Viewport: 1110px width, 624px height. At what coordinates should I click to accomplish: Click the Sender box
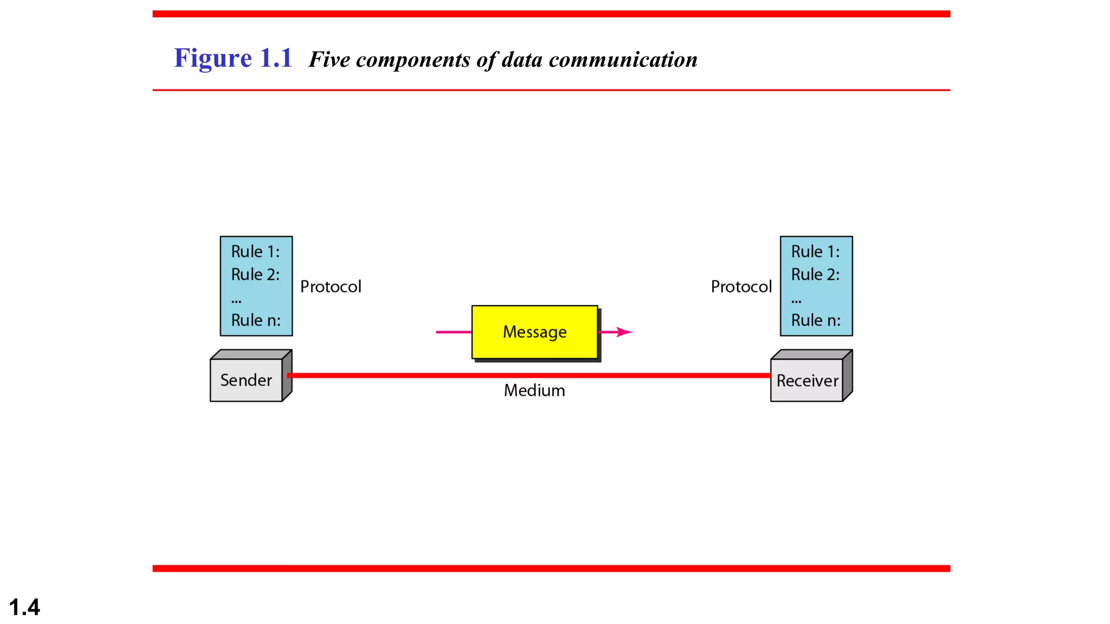(246, 380)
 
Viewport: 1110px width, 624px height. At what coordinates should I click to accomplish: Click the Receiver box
(807, 381)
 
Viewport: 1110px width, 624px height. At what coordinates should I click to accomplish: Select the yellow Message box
(534, 331)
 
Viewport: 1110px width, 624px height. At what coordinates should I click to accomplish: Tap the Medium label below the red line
(534, 391)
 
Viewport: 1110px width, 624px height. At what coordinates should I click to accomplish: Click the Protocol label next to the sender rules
(331, 287)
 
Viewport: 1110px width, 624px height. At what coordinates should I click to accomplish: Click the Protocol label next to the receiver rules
(741, 287)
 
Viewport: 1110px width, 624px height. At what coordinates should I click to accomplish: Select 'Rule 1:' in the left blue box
(255, 251)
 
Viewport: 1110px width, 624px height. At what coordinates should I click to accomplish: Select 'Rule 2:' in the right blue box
(815, 275)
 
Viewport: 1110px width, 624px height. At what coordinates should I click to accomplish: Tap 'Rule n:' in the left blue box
(256, 320)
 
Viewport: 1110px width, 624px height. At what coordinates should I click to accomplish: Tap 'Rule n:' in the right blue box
(816, 320)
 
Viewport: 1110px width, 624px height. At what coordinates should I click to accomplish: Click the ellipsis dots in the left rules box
(236, 300)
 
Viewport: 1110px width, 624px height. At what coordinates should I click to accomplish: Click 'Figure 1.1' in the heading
(233, 58)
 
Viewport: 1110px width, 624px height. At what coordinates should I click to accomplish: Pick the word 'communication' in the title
(623, 60)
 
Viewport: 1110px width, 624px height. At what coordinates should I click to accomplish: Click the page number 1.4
(24, 607)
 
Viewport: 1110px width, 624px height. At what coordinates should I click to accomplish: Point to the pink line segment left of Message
(453, 332)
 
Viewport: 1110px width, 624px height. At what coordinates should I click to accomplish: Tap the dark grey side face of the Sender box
(287, 376)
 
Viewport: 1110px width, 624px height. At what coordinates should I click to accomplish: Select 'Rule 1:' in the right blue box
(815, 251)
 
